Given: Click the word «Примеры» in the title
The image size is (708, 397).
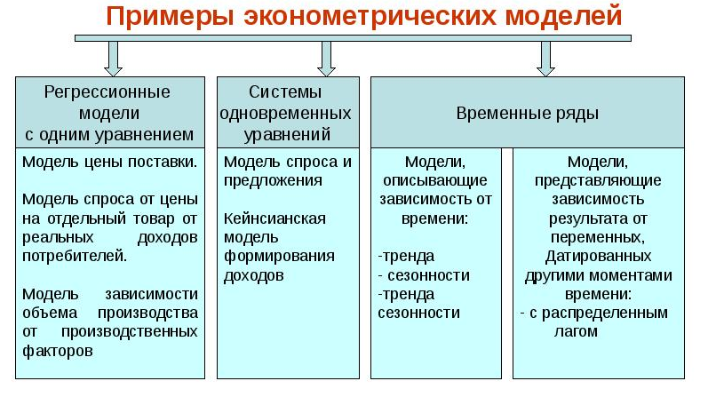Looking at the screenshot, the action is point(171,17).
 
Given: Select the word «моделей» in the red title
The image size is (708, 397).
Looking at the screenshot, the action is point(563,16).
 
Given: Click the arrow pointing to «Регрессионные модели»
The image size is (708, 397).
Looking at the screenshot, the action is point(113,59).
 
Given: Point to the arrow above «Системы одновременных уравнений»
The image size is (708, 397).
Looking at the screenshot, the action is point(326,59).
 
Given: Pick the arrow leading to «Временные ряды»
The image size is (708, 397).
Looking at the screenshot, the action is point(545,59).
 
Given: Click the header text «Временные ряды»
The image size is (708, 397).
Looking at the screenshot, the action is point(527,113).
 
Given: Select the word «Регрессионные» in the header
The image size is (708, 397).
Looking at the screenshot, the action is point(107,92).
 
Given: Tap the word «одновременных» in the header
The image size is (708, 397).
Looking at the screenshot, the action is point(285,113).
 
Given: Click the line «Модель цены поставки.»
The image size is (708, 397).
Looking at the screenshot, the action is point(110,162).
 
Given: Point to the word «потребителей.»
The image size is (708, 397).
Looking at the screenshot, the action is point(75,256).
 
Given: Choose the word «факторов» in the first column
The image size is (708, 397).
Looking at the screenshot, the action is point(58,351).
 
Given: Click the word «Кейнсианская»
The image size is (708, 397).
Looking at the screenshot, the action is point(274,218).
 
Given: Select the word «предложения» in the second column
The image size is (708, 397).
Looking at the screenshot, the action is point(273,180).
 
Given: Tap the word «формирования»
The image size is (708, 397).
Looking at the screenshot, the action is point(279,256).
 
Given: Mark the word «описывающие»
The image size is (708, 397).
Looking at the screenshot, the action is point(434,180).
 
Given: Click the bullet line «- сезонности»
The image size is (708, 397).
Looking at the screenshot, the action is point(424,275).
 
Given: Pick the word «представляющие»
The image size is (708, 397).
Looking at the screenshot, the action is point(598,180).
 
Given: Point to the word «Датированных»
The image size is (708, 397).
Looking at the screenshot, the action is point(598,256).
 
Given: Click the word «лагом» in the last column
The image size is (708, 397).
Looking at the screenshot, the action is point(576,331).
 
